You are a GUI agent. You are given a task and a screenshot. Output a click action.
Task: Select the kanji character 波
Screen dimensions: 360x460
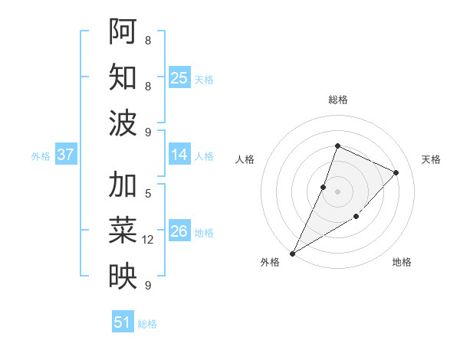pos(123,123)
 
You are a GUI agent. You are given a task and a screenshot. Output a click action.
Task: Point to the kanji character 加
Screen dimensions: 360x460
pos(123,185)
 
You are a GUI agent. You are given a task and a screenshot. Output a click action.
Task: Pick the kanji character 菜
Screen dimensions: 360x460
pos(123,231)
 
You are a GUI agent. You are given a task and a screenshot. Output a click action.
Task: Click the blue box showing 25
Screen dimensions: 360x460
pos(179,77)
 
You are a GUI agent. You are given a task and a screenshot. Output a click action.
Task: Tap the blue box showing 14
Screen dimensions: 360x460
pos(179,155)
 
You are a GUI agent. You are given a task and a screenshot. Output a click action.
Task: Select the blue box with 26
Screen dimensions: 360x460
pos(179,231)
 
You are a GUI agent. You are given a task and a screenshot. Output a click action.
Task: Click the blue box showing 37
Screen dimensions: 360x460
pos(66,155)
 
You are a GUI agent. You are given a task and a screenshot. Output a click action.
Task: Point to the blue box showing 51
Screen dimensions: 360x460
pos(123,322)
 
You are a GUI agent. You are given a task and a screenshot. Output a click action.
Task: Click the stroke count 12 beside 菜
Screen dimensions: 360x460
pos(149,240)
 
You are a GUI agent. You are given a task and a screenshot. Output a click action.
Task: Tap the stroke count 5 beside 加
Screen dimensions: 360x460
pos(148,193)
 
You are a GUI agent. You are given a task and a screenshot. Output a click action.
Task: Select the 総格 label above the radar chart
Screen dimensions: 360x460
pos(337,100)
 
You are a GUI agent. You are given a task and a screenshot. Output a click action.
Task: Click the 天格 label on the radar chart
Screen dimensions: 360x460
pos(432,159)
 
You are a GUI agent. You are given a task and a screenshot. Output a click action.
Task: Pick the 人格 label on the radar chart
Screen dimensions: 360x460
pos(245,159)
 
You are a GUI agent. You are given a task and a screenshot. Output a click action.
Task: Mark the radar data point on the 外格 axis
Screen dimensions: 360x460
pos(292,254)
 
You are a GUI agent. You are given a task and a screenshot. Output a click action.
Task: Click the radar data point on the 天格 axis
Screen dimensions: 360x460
pos(396,172)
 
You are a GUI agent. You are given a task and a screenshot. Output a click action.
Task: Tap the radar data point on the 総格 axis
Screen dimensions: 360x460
pos(337,146)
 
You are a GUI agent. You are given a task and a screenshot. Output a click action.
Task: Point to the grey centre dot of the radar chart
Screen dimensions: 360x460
pos(337,191)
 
